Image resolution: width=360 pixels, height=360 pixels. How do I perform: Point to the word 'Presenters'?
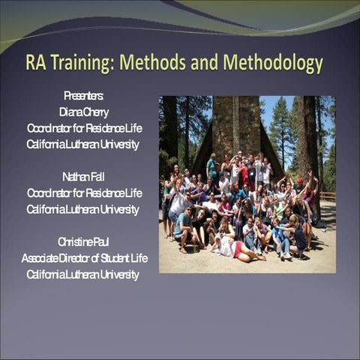(83, 96)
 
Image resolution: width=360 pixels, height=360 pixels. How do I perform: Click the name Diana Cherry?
(83, 112)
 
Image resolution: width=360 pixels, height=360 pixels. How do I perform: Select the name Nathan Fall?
(83, 177)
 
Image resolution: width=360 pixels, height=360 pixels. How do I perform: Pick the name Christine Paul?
(83, 241)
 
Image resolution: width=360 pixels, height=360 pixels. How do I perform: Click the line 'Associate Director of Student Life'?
(84, 258)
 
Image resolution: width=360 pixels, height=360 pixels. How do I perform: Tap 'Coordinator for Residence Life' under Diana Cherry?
(84, 128)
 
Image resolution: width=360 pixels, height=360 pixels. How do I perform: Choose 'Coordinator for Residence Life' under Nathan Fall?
(84, 193)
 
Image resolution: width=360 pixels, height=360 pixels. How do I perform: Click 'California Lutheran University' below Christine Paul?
(83, 274)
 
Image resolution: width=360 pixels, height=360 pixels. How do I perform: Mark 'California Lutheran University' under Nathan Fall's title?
(83, 209)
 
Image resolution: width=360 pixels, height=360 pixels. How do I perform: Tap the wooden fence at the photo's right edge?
(328, 196)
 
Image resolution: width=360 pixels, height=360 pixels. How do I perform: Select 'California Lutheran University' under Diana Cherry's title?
(83, 145)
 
